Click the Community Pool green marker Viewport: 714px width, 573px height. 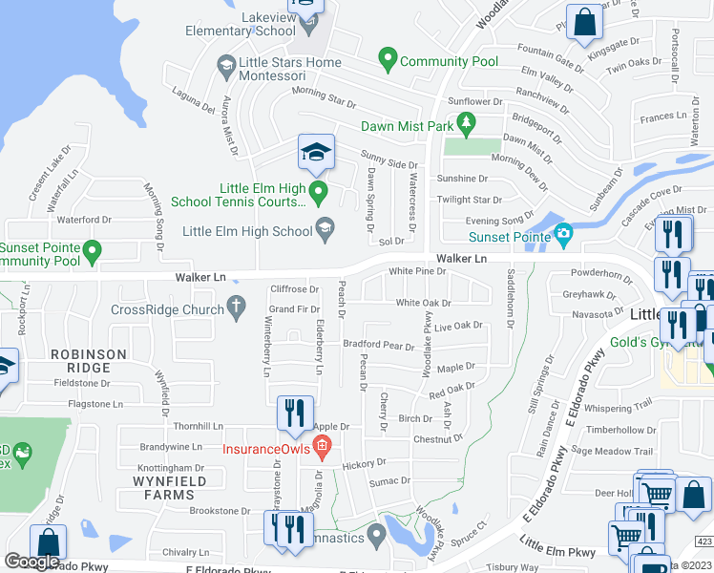pyautogui.click(x=388, y=61)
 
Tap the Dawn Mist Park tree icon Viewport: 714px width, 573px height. pyautogui.click(x=466, y=125)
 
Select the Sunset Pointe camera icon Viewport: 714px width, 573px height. pyautogui.click(x=564, y=234)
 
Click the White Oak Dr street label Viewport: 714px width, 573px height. pyautogui.click(x=423, y=303)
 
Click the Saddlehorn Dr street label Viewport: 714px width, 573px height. pyautogui.click(x=511, y=306)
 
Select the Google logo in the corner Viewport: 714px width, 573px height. pyautogui.click(x=31, y=562)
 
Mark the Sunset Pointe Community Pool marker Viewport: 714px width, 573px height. pyautogui.click(x=92, y=252)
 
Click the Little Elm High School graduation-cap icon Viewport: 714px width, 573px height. pyautogui.click(x=325, y=228)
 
